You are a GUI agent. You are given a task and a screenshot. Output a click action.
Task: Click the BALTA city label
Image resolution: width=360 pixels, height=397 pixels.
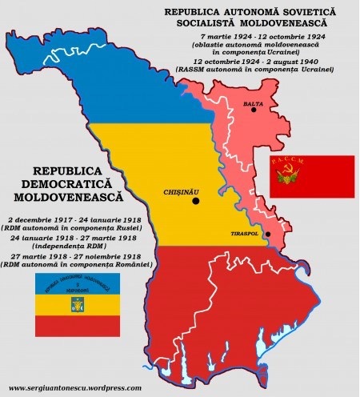pyautogui.click(x=254, y=102)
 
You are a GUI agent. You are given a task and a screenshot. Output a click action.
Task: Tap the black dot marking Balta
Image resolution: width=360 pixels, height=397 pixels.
pyautogui.click(x=254, y=110)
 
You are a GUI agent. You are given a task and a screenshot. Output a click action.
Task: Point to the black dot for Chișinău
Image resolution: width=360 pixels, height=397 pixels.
pyautogui.click(x=195, y=202)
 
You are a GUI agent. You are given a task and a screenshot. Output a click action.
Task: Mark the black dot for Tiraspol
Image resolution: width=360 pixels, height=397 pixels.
pyautogui.click(x=268, y=234)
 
